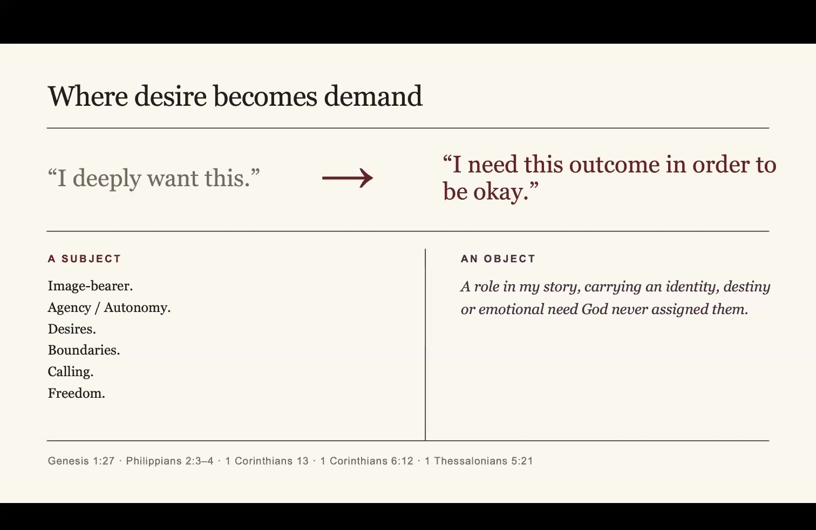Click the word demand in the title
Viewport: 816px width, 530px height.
coord(373,96)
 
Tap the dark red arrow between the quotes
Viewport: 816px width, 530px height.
coord(348,178)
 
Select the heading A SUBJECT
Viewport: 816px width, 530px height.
coord(84,259)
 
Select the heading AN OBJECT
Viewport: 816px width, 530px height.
coord(498,259)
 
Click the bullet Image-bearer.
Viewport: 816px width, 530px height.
coord(90,286)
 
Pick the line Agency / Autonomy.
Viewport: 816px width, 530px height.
coord(109,308)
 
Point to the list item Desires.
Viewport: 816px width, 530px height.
coord(72,329)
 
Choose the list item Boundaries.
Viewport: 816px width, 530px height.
coord(84,350)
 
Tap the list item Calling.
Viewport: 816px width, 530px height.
coord(71,371)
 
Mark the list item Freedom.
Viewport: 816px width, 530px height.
coord(77,393)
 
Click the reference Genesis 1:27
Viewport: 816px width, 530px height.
coord(81,461)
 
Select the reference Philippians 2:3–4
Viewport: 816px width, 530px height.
coord(170,461)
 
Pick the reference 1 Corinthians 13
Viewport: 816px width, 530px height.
coord(267,461)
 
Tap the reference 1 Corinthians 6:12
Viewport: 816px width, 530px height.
coord(367,461)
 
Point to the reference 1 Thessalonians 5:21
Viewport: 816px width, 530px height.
coord(479,461)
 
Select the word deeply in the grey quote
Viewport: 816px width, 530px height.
coord(107,179)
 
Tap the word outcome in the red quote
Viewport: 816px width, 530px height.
coord(614,165)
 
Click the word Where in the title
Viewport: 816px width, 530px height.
coord(88,96)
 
